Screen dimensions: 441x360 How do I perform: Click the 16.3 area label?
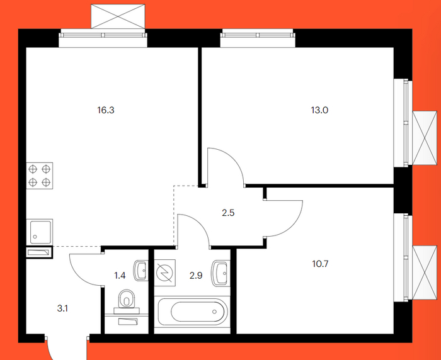coord(106,110)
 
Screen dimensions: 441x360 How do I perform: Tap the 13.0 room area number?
coord(319,110)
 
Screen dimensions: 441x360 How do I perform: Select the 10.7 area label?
coord(320,264)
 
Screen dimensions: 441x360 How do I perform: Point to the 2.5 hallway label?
coord(228,213)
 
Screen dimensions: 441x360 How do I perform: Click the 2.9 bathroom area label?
coord(196,276)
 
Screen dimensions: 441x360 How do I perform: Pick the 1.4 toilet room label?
coord(120,276)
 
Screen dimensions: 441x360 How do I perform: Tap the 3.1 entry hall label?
coord(62,308)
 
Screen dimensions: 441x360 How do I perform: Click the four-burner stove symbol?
coord(39,176)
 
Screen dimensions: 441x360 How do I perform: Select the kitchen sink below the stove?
coord(39,232)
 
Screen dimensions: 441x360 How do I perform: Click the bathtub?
coord(192,312)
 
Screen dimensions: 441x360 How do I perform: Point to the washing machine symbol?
coord(165,273)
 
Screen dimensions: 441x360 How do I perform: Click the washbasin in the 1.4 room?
coord(140,271)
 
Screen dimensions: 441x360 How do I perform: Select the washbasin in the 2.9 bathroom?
coord(221,273)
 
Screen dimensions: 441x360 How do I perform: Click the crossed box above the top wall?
coord(118,16)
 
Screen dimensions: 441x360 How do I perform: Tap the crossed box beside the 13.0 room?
coord(425,138)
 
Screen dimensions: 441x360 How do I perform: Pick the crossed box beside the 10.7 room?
coord(425,273)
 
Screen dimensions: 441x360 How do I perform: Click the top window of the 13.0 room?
coord(258,38)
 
